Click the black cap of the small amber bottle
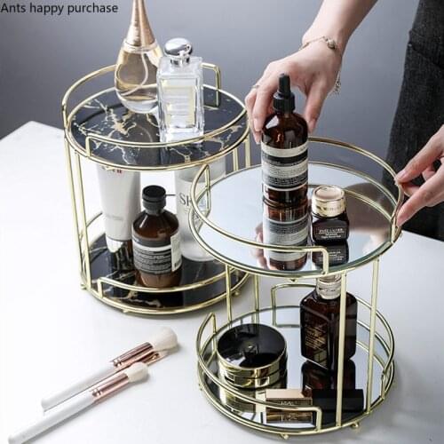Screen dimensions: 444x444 click(x=154, y=198)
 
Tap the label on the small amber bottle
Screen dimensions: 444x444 click(x=157, y=253)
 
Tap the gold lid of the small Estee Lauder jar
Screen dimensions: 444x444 click(x=328, y=200)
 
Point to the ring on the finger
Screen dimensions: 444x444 click(x=256, y=86)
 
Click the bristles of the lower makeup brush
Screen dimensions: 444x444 click(x=136, y=373)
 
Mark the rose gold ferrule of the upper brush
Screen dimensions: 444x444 click(x=132, y=354)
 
